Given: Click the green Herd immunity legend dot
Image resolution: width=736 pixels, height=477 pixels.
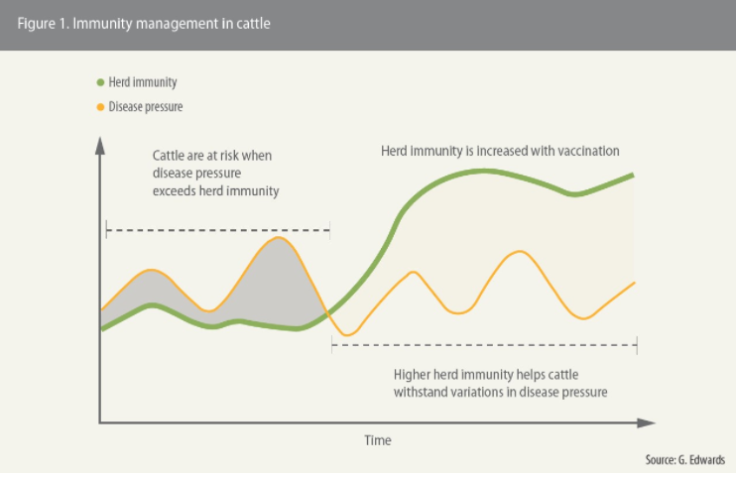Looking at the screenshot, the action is click(x=100, y=82).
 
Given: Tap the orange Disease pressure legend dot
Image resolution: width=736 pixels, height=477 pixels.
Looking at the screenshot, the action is click(x=100, y=107).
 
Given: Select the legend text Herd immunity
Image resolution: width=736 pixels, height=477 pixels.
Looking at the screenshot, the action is click(x=143, y=82).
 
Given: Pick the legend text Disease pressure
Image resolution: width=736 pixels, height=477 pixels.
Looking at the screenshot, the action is click(x=146, y=107).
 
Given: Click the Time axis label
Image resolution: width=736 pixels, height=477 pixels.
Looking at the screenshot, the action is click(x=378, y=440).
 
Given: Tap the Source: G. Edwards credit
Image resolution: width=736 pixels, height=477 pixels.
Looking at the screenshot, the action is click(x=684, y=459).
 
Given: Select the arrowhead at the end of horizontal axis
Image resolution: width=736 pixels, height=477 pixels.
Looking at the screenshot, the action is click(x=647, y=422).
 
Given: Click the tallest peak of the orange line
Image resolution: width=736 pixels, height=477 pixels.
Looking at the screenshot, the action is click(x=279, y=238).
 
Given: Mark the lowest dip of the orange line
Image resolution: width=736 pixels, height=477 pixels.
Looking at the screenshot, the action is click(x=347, y=335).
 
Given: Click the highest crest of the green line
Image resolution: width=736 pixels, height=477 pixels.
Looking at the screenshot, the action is click(x=483, y=172).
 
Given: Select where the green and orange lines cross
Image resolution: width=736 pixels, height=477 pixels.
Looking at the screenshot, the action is click(x=327, y=312).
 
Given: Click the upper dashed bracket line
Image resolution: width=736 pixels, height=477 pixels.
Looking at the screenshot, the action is click(x=218, y=230).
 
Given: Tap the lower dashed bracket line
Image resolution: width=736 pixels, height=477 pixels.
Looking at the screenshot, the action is click(x=484, y=345).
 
